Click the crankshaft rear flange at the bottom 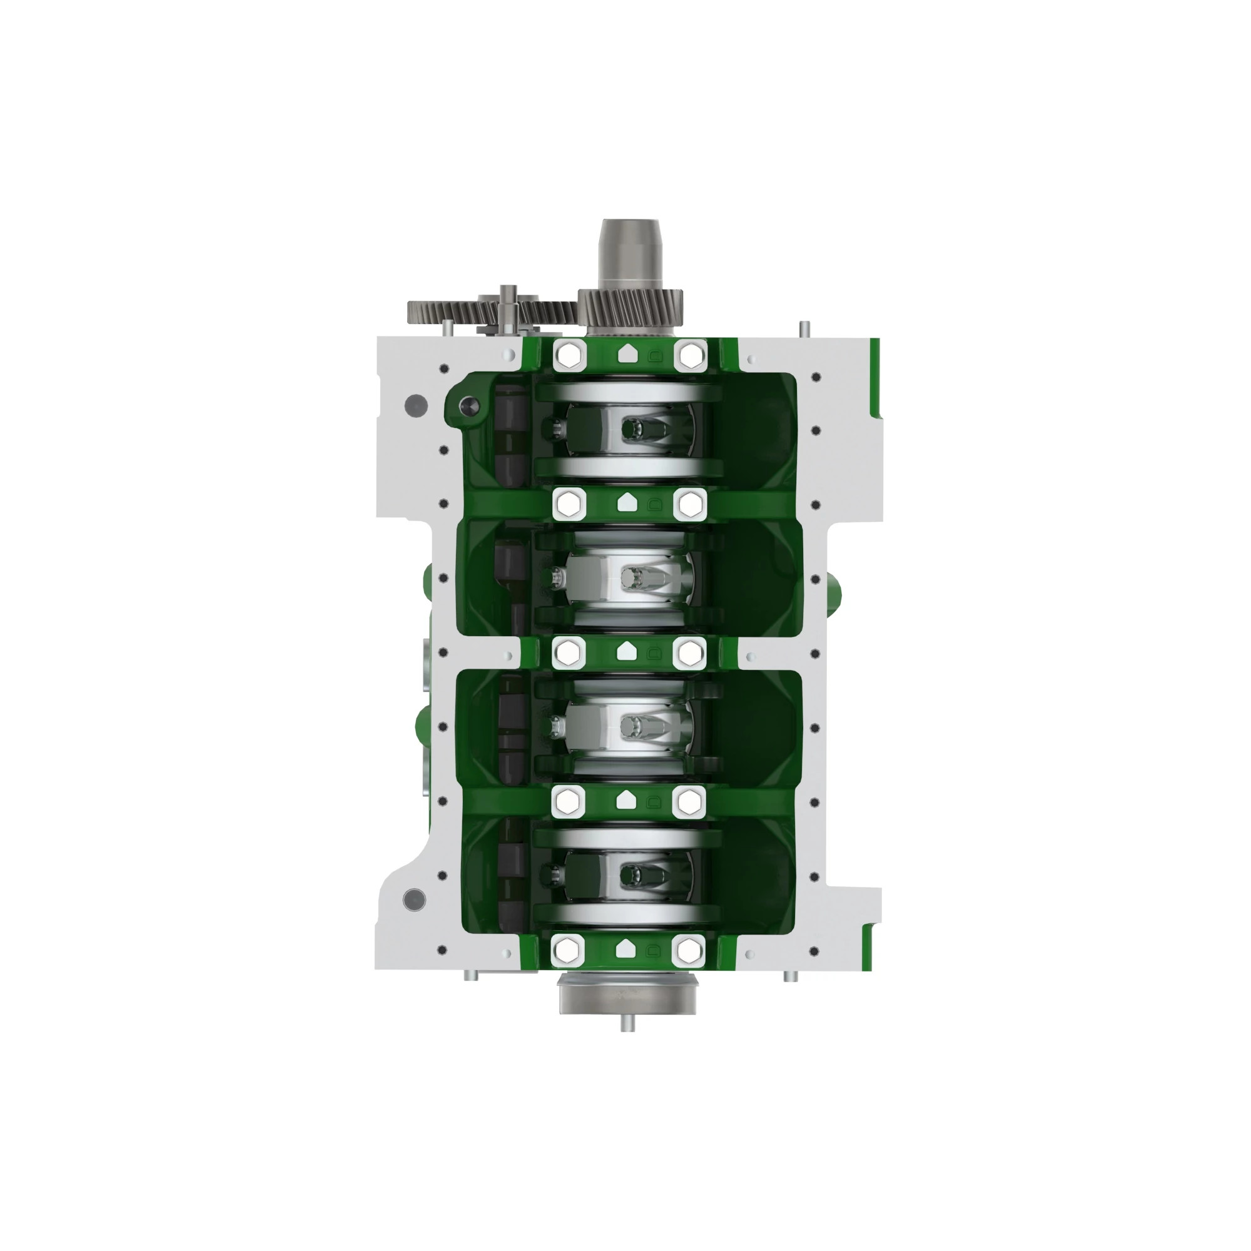pyautogui.click(x=629, y=995)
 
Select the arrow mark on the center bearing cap pyautogui.click(x=624, y=651)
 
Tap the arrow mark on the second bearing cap pyautogui.click(x=624, y=502)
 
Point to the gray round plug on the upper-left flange pyautogui.click(x=415, y=405)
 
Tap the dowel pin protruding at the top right pyautogui.click(x=804, y=329)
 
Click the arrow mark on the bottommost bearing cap pyautogui.click(x=623, y=950)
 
